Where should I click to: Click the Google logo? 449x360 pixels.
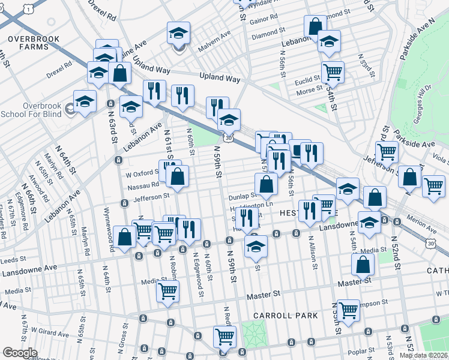tap(20, 353)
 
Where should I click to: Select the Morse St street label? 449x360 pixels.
tap(309, 91)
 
